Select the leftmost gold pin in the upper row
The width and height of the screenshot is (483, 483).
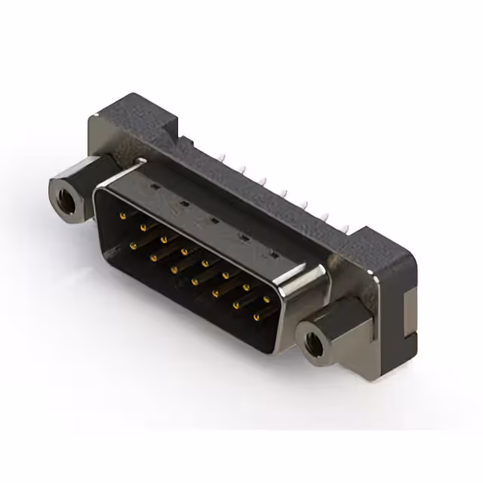[122, 215]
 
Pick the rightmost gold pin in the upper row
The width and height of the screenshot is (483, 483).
[266, 300]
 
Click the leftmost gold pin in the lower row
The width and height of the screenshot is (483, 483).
[134, 245]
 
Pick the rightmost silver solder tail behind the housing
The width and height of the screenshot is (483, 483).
[346, 227]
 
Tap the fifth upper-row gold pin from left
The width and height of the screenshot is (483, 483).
[205, 263]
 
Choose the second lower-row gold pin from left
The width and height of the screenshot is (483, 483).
[154, 257]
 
